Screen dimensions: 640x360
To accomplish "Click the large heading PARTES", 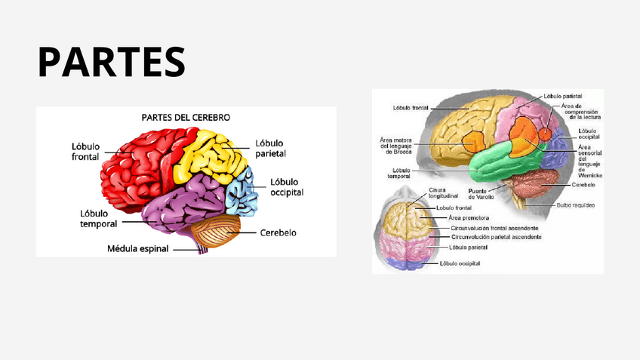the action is click(111, 62).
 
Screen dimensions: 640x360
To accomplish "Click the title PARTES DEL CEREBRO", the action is click(186, 118).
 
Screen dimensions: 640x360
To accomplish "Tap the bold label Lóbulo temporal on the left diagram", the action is click(97, 218).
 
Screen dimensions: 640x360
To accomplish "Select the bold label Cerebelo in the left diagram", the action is click(278, 232).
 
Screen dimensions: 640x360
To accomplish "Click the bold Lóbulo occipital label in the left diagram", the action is click(287, 186).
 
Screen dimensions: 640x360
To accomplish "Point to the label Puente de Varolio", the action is click(482, 193).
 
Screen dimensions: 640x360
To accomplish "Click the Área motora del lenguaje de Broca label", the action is click(396, 146).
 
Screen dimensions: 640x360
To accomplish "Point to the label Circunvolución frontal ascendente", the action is click(494, 227).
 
